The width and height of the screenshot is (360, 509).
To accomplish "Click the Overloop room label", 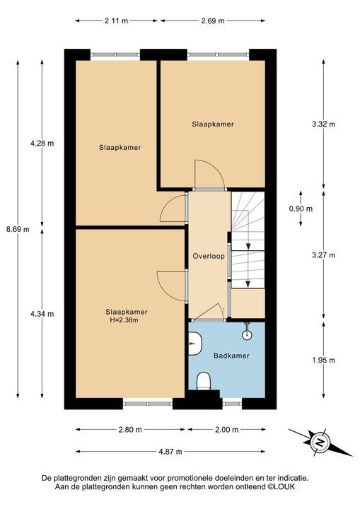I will (209, 256).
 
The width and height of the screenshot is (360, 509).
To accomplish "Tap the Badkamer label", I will (231, 355).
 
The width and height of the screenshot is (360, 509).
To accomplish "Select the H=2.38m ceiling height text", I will (127, 320).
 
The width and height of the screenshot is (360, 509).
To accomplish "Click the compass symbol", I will (319, 443).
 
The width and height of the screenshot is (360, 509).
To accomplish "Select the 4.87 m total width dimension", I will (170, 452).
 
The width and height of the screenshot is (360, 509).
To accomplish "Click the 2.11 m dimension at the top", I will (116, 21).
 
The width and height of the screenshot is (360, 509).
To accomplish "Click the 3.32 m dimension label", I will (323, 124).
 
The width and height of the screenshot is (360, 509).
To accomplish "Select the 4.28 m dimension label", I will (42, 144).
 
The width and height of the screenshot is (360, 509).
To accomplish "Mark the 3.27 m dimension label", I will (323, 255).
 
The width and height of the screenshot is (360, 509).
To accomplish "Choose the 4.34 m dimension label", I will (42, 314).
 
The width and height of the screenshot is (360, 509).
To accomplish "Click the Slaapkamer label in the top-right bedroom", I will (212, 124).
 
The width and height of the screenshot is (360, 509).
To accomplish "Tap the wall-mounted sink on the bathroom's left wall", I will (194, 345).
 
